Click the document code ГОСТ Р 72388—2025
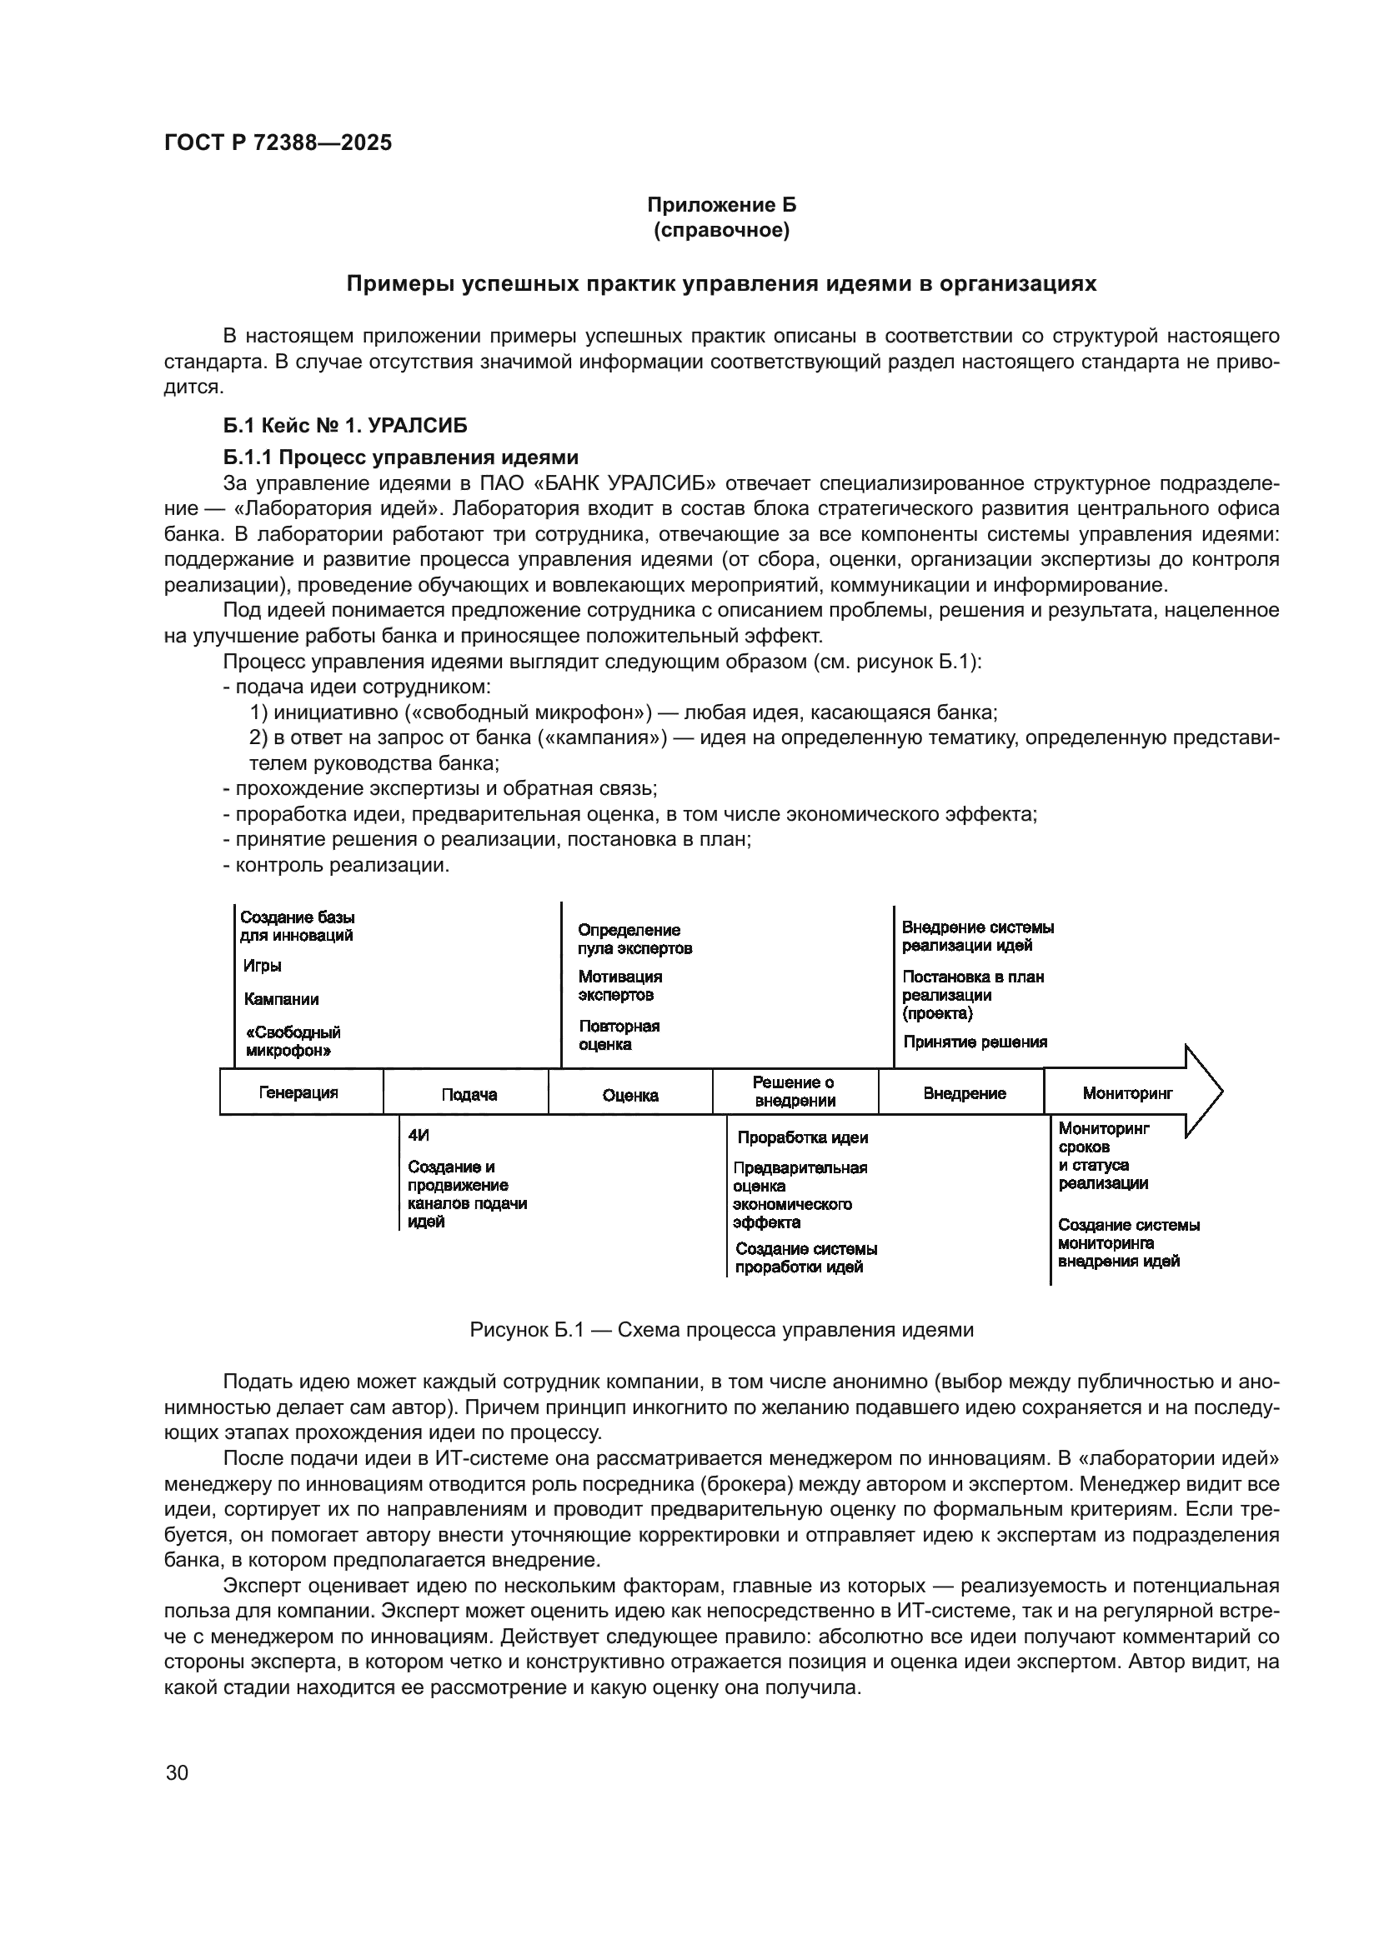(278, 142)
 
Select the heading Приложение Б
(721, 205)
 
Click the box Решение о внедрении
(794, 1092)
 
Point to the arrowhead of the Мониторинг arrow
(1205, 1091)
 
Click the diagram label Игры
(263, 966)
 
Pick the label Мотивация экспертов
(619, 986)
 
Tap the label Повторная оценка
(618, 1035)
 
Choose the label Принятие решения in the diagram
(975, 1042)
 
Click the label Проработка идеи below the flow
(802, 1137)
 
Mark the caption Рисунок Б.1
(721, 1329)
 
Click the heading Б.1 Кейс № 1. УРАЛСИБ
(345, 424)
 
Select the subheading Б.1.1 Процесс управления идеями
(400, 457)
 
